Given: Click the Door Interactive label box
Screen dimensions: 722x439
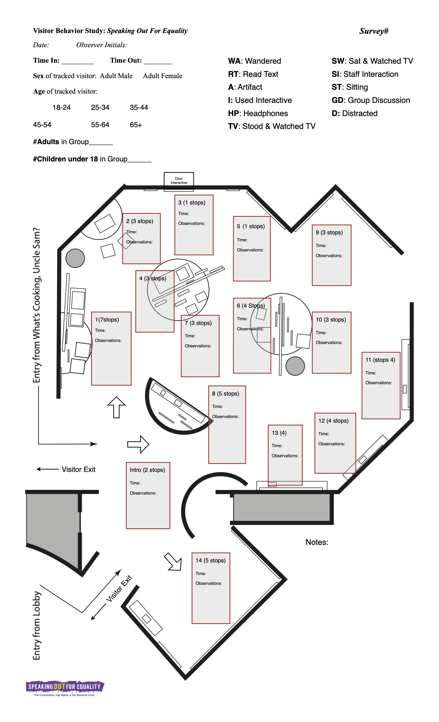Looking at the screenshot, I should coord(178,180).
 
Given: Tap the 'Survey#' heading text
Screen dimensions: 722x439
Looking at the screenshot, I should coord(374,31).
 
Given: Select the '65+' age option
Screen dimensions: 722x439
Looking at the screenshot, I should coord(136,125).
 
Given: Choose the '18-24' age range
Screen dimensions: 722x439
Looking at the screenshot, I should coord(61,108).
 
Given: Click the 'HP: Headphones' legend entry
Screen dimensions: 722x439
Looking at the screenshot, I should coord(258,113).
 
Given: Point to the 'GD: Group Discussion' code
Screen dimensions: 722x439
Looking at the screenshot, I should coord(370,100).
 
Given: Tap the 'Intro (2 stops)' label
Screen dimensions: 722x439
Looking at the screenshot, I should coord(147,470).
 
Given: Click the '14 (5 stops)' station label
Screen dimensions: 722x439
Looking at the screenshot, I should coord(210,561).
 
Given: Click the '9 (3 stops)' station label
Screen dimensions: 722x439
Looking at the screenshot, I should coord(329,232).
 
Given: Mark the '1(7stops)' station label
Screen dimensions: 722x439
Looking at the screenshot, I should coord(107,320).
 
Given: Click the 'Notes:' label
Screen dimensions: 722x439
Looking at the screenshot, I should coord(317,542).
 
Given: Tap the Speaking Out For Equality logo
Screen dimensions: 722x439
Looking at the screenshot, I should coord(65,687).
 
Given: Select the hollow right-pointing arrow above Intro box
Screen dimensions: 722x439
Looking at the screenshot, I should coord(138,444).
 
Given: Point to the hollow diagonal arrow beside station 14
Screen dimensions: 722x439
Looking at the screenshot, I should coord(174,562).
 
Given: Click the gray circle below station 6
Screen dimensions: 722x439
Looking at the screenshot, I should coord(295,366).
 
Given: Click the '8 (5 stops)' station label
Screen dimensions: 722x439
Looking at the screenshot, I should coord(225,393).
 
